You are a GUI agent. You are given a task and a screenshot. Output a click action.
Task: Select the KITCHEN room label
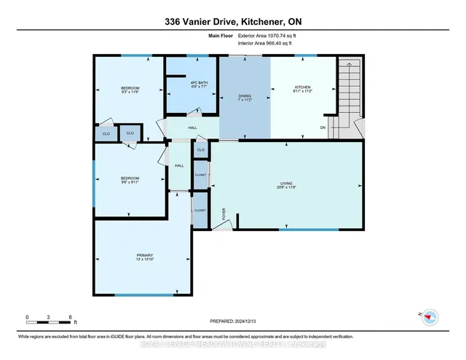pos(302,85)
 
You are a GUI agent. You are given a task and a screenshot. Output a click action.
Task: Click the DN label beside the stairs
pos(323,128)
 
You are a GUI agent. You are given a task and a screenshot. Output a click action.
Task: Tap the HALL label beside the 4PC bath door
pos(192,128)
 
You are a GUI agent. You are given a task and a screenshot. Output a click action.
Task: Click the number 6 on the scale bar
pos(69,318)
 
